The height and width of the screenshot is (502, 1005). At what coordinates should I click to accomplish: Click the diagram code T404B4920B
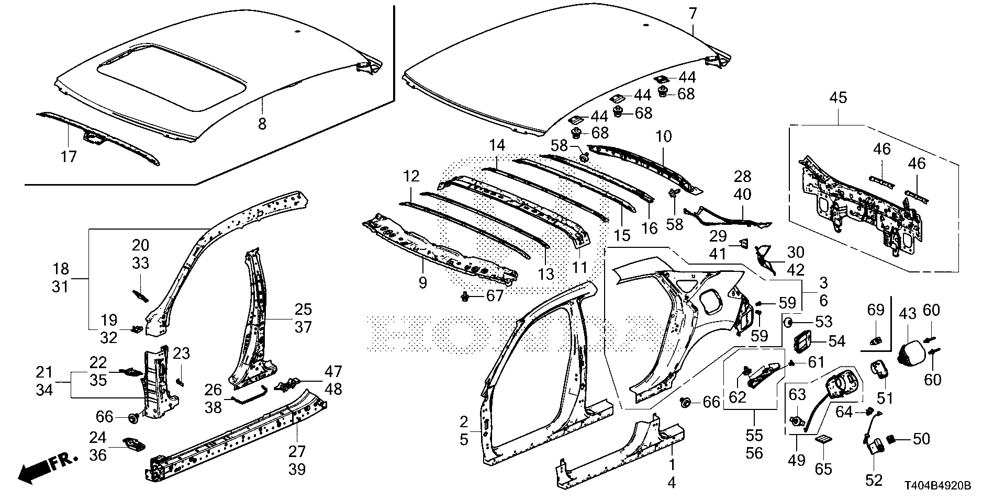[x=938, y=486]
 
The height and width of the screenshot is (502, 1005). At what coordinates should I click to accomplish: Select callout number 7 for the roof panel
[x=693, y=14]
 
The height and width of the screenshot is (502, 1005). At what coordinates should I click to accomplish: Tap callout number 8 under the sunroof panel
[x=262, y=123]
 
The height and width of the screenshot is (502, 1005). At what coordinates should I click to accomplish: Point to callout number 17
[x=69, y=156]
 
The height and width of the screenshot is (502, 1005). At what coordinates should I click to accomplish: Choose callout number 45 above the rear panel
[x=838, y=98]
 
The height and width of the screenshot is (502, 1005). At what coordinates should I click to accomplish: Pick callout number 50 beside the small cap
[x=921, y=439]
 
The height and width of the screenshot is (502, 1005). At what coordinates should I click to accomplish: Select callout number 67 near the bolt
[x=494, y=296]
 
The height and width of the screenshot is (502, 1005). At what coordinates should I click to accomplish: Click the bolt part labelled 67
[x=464, y=297]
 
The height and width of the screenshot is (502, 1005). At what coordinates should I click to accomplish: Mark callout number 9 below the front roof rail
[x=422, y=283]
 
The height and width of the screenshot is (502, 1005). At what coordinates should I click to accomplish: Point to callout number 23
[x=181, y=354]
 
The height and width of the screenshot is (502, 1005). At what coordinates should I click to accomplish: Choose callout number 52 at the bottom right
[x=874, y=480]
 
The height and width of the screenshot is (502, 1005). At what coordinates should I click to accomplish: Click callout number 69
[x=876, y=310]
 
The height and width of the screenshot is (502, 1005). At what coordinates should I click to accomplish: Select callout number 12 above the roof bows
[x=411, y=176]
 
